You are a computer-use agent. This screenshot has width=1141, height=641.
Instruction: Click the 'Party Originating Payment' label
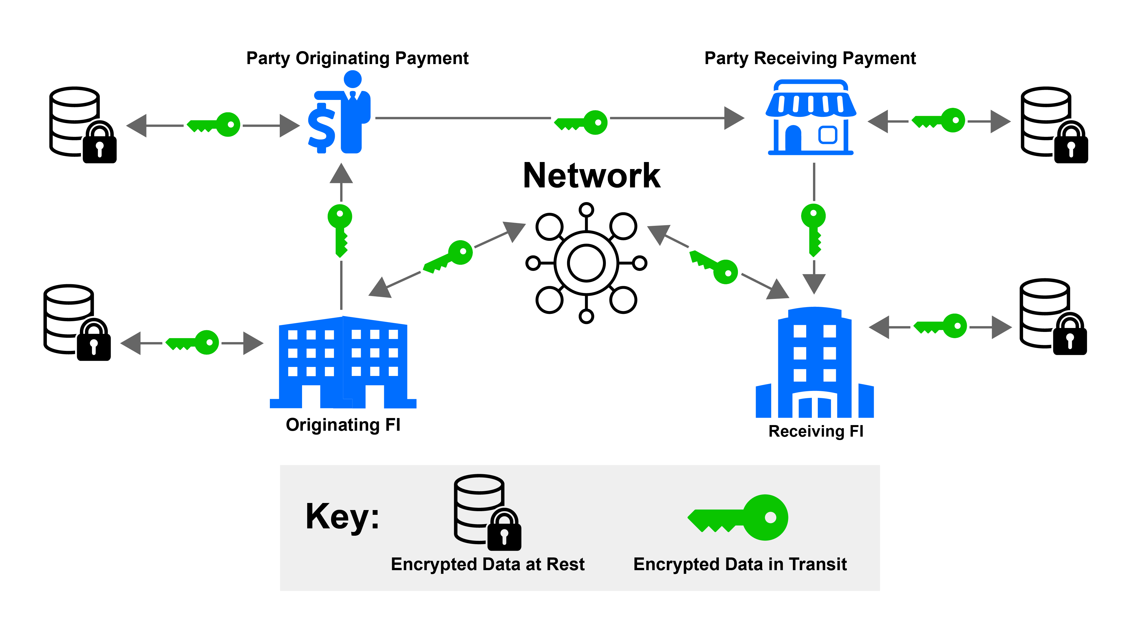tap(357, 58)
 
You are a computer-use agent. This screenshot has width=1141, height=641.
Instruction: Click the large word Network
tap(591, 176)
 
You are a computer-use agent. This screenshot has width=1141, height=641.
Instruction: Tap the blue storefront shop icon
tap(810, 118)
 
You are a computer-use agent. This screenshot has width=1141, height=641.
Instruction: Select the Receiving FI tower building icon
tap(814, 363)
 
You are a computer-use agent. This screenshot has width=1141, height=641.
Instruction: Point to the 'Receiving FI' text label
tap(816, 431)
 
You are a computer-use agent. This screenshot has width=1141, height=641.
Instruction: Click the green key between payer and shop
tap(581, 122)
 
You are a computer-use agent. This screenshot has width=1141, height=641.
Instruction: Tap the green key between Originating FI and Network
tap(448, 257)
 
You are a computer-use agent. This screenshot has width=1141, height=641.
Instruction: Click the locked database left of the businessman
tap(82, 125)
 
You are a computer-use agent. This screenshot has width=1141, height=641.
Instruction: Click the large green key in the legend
tap(738, 517)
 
